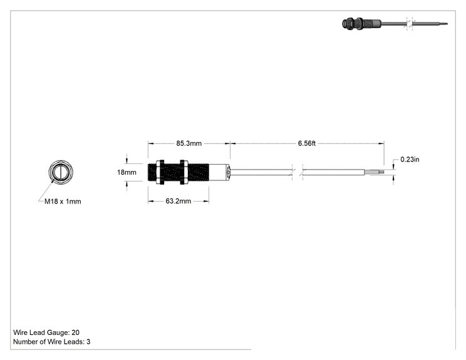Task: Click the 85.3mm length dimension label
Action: click(189, 143)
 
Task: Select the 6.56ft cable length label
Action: click(307, 143)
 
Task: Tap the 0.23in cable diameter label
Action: click(410, 160)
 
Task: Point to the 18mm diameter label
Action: click(127, 172)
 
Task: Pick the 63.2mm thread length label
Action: click(179, 201)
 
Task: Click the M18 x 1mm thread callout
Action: click(63, 202)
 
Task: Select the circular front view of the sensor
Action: click(61, 172)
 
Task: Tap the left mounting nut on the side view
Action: click(160, 172)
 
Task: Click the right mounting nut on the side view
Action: click(184, 172)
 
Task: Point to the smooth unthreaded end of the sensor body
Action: click(219, 172)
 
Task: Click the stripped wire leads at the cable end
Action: click(375, 172)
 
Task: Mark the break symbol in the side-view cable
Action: click(298, 172)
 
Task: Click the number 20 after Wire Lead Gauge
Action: click(76, 332)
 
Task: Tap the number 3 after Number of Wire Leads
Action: click(88, 342)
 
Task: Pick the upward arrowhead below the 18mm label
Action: click(127, 184)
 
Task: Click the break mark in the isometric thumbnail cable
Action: click(409, 24)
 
